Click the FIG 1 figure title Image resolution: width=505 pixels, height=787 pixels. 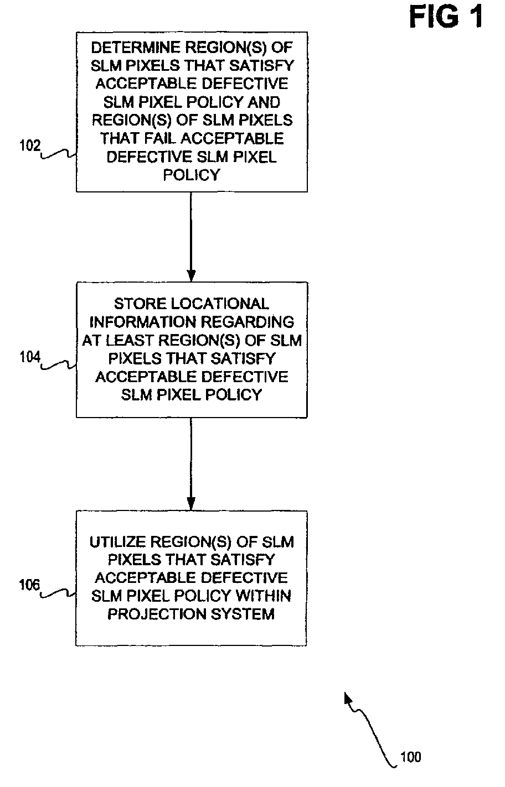tap(446, 17)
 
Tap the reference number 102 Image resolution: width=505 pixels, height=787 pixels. tap(30, 145)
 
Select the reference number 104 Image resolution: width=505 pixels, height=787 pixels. tap(30, 357)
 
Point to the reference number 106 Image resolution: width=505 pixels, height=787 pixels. tap(29, 585)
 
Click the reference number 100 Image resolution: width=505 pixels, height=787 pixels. tap(411, 757)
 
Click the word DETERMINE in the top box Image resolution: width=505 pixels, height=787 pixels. tap(136, 48)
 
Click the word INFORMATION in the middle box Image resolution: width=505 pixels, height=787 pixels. tap(143, 322)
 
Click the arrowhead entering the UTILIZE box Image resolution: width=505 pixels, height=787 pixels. tap(191, 504)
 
